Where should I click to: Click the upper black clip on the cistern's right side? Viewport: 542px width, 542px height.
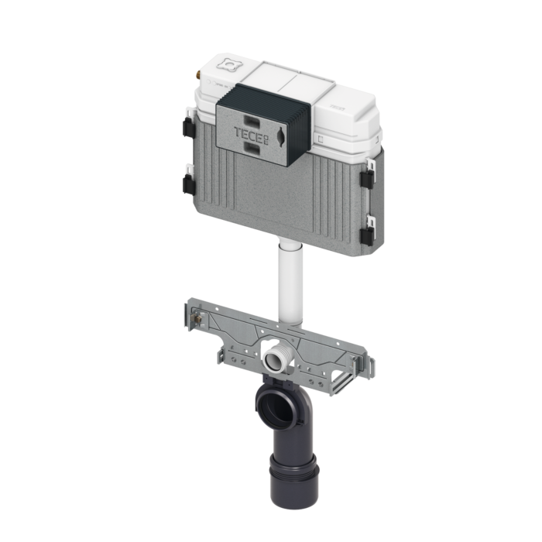click(x=366, y=173)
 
